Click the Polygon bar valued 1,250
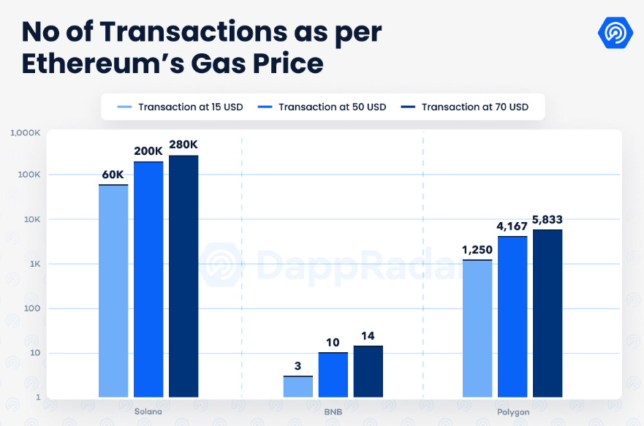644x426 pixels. coord(477,328)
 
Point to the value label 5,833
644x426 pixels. coord(548,219)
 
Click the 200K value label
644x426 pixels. coord(148,151)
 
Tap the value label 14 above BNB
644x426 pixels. coord(368,336)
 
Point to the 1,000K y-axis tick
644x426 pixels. coord(25,133)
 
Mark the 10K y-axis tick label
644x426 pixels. coord(31,219)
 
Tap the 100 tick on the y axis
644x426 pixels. coord(31,308)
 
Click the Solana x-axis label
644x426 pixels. coord(148,411)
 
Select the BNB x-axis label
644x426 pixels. coord(333,411)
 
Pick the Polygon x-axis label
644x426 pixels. coord(513,411)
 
